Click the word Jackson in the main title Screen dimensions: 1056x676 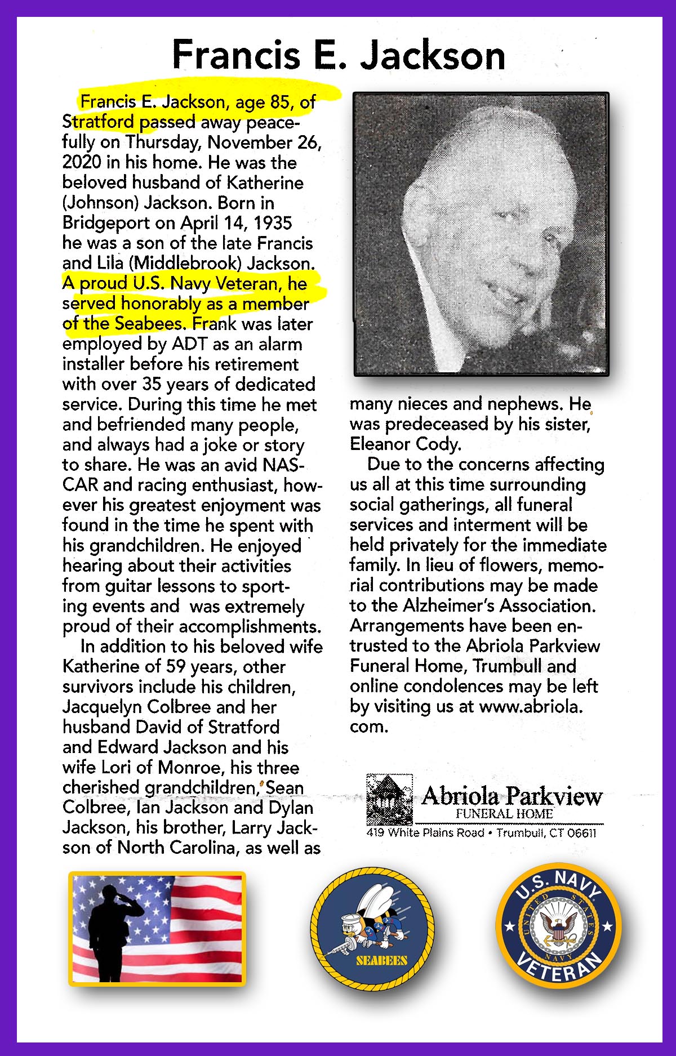(x=433, y=55)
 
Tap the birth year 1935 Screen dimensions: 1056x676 (x=273, y=223)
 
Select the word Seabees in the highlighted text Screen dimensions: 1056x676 (x=149, y=324)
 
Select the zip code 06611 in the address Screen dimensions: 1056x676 (x=581, y=833)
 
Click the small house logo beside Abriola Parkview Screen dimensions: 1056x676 (x=388, y=799)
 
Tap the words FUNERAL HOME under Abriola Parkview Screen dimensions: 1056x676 (x=504, y=814)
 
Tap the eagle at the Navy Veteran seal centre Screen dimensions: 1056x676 (x=558, y=924)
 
